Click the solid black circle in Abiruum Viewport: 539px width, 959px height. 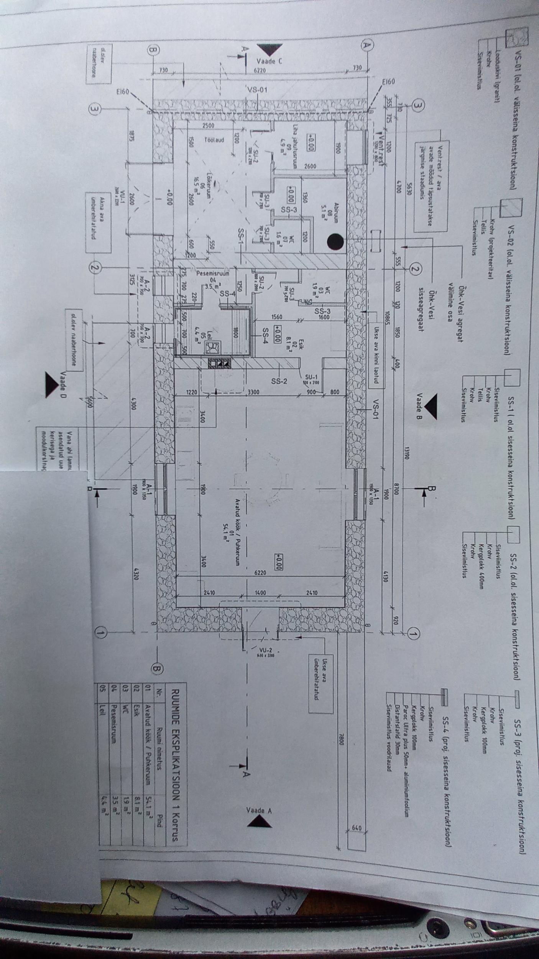[335, 241]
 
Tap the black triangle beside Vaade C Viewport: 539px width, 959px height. [270, 49]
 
